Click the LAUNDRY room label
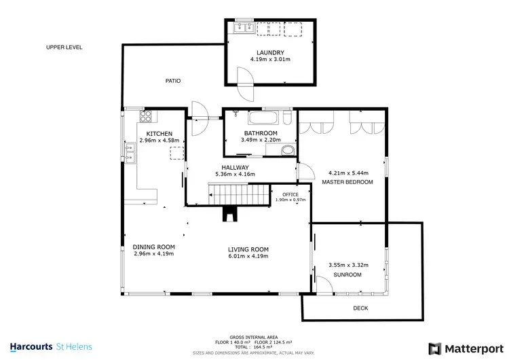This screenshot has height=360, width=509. pos(269,52)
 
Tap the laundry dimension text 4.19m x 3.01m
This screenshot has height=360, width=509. pos(269,59)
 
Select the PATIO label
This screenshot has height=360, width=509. pos(173,80)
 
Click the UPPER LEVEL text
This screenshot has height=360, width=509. pos(64,48)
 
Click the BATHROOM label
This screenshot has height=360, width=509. pos(260,132)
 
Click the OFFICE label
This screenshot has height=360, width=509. pos(290,194)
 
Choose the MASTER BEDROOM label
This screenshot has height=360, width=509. pos(347,182)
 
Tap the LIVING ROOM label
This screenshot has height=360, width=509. pos(248,249)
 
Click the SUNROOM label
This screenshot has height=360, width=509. pos(347,274)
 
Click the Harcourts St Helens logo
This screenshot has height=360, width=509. pos(52,346)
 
